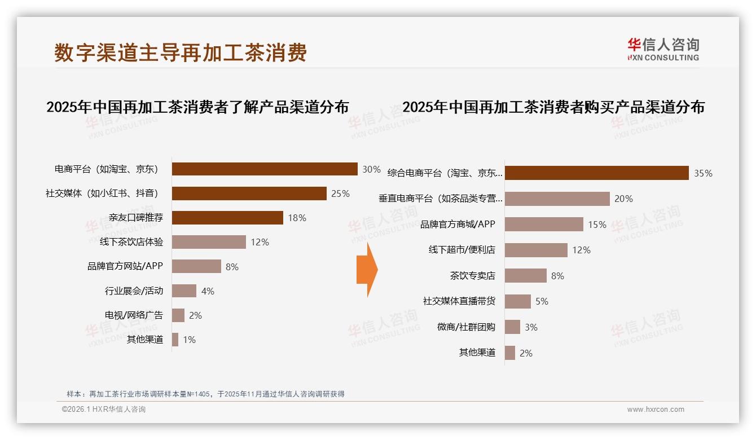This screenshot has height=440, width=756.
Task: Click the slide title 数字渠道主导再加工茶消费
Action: click(181, 52)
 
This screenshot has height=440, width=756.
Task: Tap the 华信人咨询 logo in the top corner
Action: click(663, 49)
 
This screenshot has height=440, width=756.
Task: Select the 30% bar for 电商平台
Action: click(265, 169)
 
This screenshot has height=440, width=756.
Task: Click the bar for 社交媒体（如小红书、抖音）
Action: click(249, 193)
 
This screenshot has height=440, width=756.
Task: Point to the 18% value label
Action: click(297, 218)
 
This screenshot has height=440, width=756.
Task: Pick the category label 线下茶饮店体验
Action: click(128, 242)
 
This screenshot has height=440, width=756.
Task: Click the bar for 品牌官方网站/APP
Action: click(196, 266)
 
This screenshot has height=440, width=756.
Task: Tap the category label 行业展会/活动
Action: click(134, 291)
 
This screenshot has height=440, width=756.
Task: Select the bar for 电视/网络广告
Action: click(178, 315)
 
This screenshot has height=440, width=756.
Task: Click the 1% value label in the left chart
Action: click(189, 340)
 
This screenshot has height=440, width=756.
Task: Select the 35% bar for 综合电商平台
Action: click(596, 173)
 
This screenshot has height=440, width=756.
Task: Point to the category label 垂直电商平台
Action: click(440, 199)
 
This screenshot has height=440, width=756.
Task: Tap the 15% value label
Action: click(597, 225)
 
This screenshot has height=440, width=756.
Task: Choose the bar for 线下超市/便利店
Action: click(536, 250)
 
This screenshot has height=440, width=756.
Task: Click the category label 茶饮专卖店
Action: click(472, 276)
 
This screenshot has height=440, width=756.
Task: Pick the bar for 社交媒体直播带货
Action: click(517, 301)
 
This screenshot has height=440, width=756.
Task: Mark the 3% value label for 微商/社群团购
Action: click(531, 327)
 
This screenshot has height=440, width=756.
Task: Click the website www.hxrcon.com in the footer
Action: click(656, 410)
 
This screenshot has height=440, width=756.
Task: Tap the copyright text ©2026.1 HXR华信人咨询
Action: click(104, 410)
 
